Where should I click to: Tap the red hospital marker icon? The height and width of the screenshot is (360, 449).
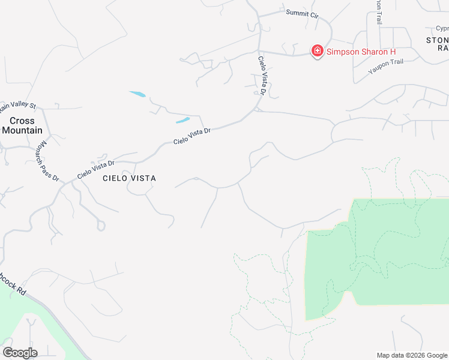tap(316, 51)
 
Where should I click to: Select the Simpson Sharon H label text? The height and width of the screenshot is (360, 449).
tap(361, 52)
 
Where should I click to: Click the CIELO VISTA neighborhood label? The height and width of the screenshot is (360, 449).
tap(129, 178)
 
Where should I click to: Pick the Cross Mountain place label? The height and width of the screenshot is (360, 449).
tap(22, 125)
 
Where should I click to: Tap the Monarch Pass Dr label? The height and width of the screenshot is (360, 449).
tap(47, 161)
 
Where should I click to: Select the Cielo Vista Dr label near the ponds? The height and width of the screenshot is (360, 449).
tap(192, 136)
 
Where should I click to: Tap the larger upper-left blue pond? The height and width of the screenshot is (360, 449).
tap(137, 94)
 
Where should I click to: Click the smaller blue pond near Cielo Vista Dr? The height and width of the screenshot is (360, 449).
tap(183, 119)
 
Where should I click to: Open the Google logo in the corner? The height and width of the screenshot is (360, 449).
tap(20, 353)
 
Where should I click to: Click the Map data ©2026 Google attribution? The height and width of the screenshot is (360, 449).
tap(412, 355)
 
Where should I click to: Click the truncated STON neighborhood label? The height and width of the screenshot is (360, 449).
tap(437, 40)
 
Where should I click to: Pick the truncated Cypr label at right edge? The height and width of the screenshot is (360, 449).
tap(442, 28)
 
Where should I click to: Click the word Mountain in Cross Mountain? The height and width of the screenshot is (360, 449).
tap(22, 130)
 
